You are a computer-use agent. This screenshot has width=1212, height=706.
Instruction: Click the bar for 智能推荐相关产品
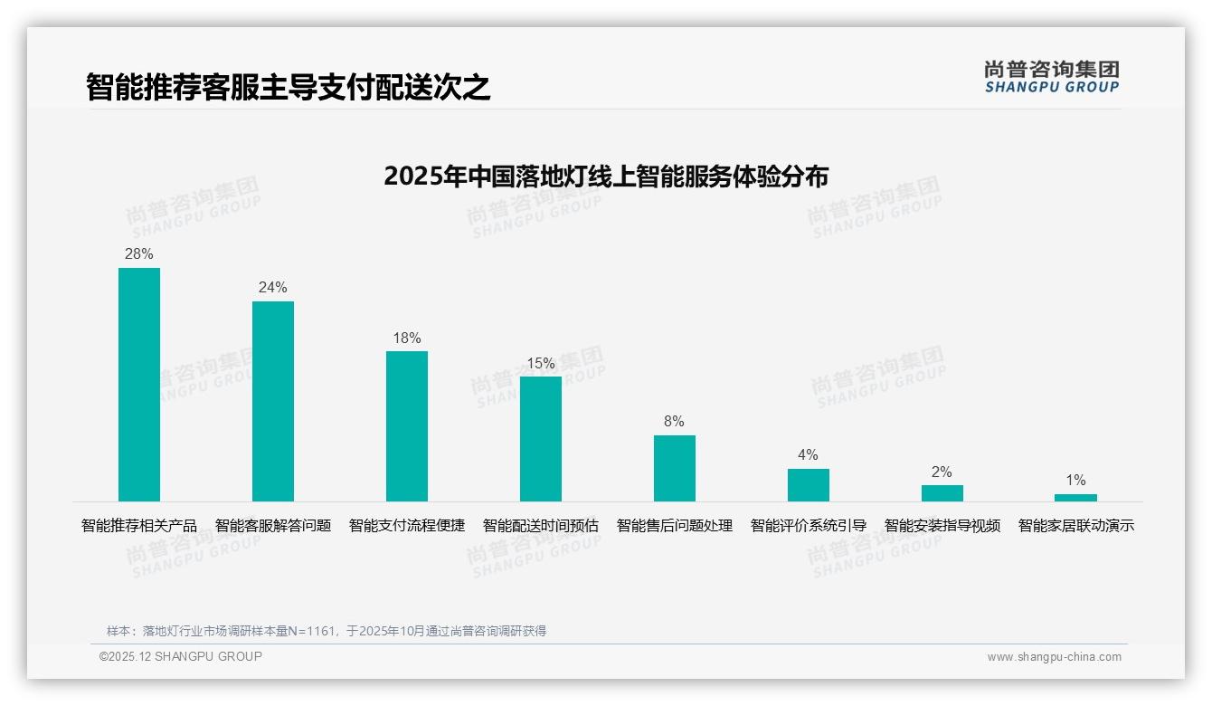coord(139,385)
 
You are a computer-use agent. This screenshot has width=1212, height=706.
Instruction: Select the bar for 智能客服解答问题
coord(273,401)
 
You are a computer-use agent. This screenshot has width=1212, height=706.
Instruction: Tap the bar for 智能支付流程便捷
coord(407,426)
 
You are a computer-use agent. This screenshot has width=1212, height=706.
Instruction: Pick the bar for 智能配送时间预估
coord(541,439)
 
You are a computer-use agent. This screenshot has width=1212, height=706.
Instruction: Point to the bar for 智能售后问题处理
coord(675,468)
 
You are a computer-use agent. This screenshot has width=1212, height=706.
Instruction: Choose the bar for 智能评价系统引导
coord(809,485)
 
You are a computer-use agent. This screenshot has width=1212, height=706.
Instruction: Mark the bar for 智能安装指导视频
coord(942,493)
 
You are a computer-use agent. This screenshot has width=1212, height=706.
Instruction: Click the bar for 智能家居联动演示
coord(1075,498)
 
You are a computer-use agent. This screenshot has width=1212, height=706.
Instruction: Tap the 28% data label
coord(139,254)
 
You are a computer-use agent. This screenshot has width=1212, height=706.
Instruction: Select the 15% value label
coord(541,364)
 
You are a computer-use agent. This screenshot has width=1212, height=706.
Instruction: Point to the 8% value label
coord(675,422)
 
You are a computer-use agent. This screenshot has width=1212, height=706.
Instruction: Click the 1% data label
coord(1075,481)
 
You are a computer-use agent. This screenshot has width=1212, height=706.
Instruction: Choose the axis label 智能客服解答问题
coord(273,526)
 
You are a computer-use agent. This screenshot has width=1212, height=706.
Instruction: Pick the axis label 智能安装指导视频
coord(942,526)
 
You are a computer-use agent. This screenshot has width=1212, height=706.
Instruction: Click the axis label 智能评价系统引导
coord(809,526)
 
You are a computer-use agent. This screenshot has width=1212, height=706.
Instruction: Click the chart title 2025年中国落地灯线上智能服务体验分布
coord(606,176)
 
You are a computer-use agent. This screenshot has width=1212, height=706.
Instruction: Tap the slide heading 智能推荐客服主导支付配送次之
coord(289,87)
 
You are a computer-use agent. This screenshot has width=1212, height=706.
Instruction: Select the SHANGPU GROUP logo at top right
coord(1052,77)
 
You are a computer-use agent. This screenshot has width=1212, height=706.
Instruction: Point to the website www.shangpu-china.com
coord(1054,657)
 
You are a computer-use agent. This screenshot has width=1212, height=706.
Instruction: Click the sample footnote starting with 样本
coord(327,631)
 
